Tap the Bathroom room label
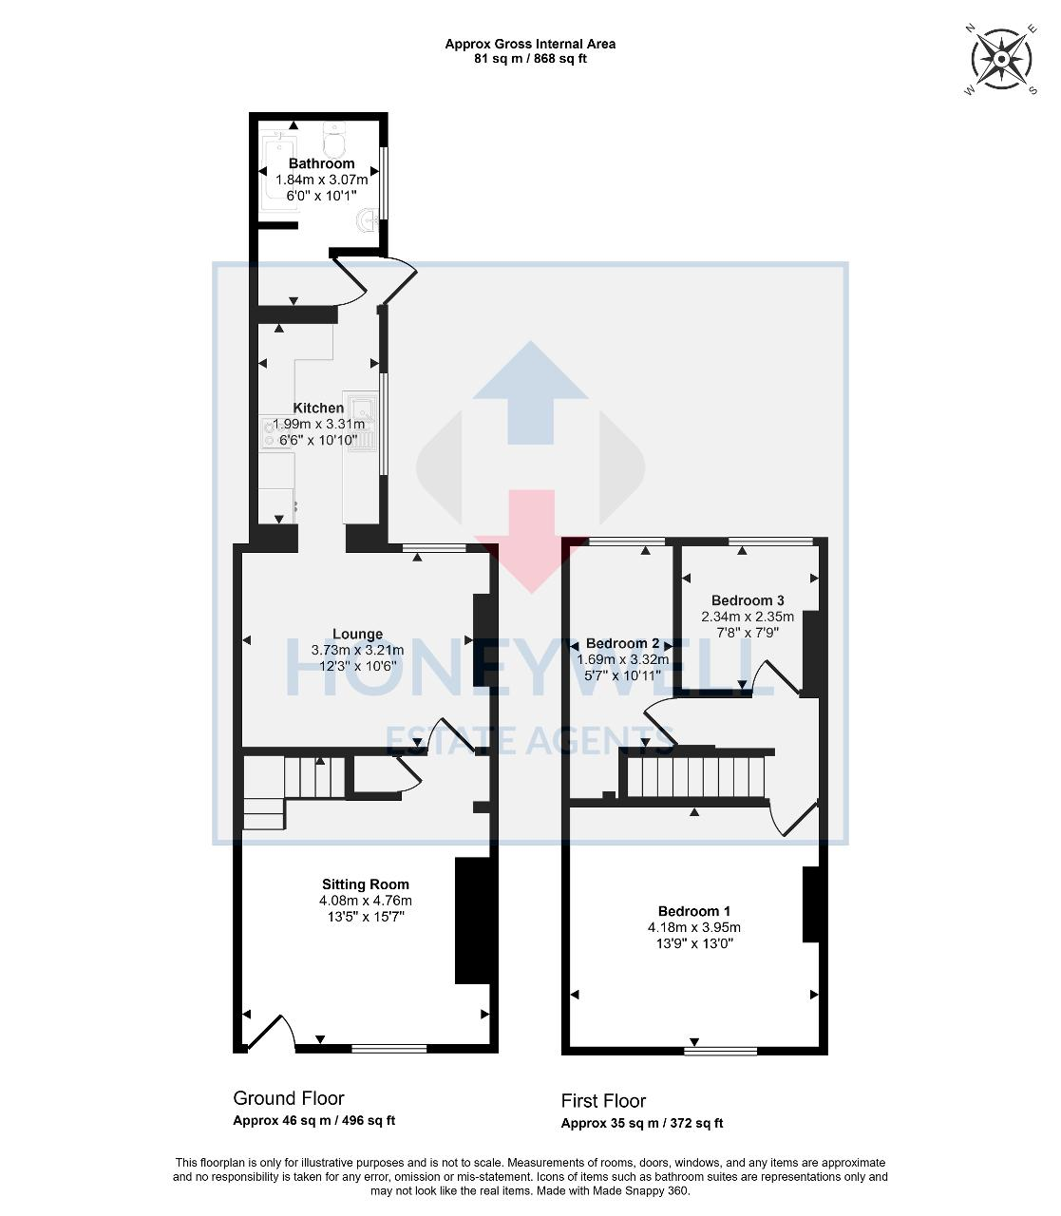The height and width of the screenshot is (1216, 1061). coord(321,163)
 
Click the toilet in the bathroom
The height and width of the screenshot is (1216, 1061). coord(334,142)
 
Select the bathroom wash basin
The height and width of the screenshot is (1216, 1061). coord(366,222)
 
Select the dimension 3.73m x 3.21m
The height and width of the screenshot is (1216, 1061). coord(357,650)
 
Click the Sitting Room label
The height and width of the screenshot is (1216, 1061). coord(365,883)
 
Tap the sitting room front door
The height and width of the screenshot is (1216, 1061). coord(271,1033)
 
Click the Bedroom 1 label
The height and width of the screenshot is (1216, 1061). coord(694,910)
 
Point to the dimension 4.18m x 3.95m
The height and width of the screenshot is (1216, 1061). coord(694,927)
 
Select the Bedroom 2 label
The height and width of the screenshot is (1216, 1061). coord(622,643)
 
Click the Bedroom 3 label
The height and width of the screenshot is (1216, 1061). coord(748,600)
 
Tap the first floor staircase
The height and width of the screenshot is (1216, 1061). coord(697,773)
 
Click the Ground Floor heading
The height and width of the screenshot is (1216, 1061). coord(288,1098)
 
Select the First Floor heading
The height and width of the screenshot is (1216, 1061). coord(603,1101)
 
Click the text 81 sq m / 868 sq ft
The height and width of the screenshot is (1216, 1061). coord(530,58)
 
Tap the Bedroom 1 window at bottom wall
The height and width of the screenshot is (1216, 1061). coord(721,1051)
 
